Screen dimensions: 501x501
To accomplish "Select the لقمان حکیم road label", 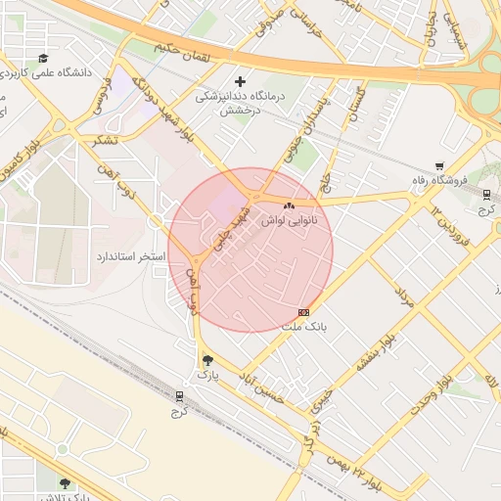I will click(x=182, y=46).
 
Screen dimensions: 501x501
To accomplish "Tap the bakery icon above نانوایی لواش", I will click(x=288, y=206).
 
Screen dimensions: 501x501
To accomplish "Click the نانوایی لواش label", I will click(x=287, y=221).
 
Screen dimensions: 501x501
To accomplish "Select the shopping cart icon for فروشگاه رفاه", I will click(x=440, y=166).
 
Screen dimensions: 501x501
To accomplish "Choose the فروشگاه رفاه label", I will click(x=441, y=181).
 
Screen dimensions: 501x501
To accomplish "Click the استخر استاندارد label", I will click(x=131, y=256).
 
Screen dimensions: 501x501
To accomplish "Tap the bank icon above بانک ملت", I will click(x=303, y=312).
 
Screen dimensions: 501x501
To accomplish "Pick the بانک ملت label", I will click(x=303, y=327).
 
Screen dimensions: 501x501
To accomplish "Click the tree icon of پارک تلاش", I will click(x=65, y=482).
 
